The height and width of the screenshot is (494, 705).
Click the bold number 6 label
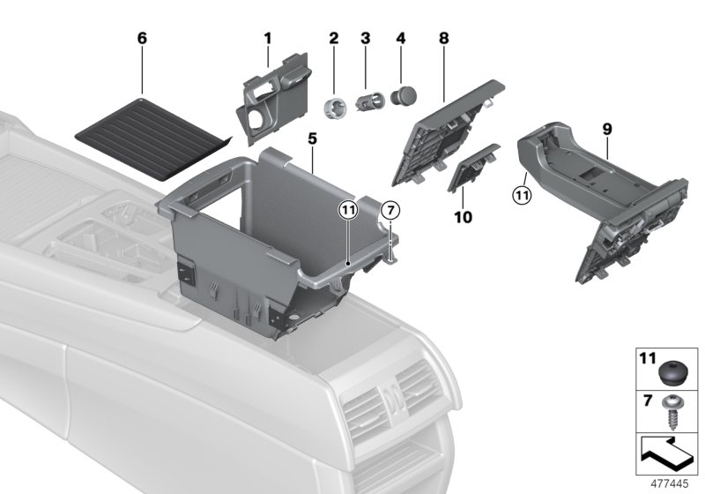[x=142, y=40]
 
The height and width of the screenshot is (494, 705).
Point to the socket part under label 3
[x=367, y=101]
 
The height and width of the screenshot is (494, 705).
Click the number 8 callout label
[x=443, y=39]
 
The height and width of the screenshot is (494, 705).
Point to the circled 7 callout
[x=392, y=212]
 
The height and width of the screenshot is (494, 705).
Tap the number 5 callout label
[x=311, y=139]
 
